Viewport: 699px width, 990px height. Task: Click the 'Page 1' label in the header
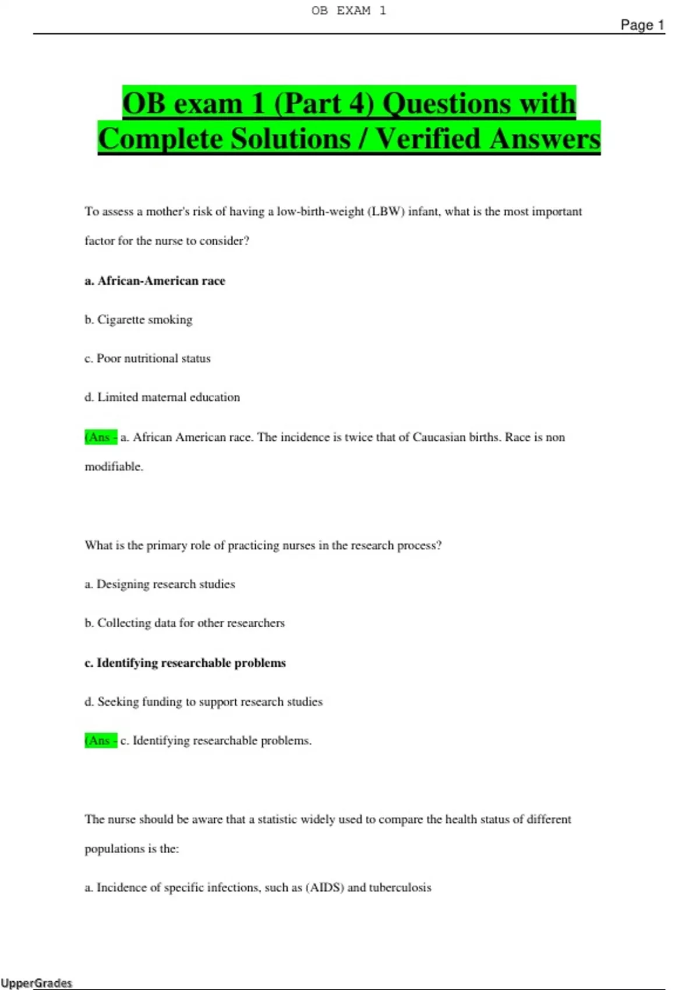click(x=642, y=25)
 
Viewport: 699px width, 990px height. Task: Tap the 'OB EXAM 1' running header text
click(x=348, y=10)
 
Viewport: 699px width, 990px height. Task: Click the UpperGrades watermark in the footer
click(x=36, y=983)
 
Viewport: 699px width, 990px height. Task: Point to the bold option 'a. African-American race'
click(x=154, y=281)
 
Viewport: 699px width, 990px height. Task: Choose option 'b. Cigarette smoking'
click(x=138, y=320)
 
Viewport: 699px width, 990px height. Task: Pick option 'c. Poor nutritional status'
click(x=147, y=359)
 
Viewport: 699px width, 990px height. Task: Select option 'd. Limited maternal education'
click(x=162, y=397)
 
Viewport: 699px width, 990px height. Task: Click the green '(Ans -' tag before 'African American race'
click(x=101, y=437)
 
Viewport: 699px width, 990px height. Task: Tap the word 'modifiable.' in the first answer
click(x=114, y=466)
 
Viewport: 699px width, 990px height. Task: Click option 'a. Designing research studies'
click(x=160, y=584)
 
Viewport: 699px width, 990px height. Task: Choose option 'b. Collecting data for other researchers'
click(x=184, y=623)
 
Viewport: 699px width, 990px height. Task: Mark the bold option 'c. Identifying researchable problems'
click(x=185, y=663)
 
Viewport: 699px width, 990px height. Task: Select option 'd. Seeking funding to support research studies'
click(x=203, y=702)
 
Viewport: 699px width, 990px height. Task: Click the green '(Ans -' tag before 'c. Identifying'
click(x=101, y=741)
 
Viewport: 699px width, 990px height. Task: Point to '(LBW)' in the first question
click(x=386, y=211)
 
